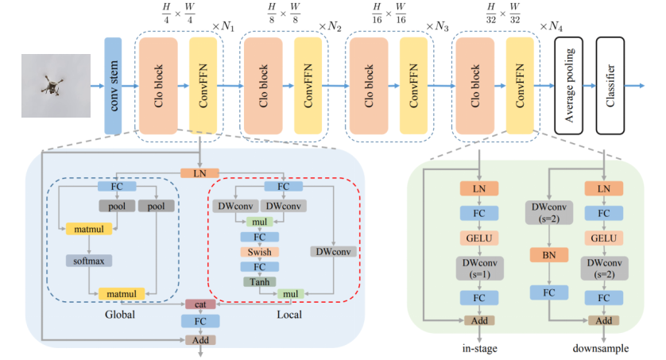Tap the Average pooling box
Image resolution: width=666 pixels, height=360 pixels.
(569, 85)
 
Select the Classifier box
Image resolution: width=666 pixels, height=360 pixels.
(612, 85)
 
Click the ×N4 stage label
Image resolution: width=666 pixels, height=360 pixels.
(554, 26)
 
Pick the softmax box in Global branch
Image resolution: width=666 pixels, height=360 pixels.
(87, 260)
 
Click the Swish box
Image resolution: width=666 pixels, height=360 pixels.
(258, 251)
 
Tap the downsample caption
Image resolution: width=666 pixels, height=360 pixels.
(601, 347)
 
